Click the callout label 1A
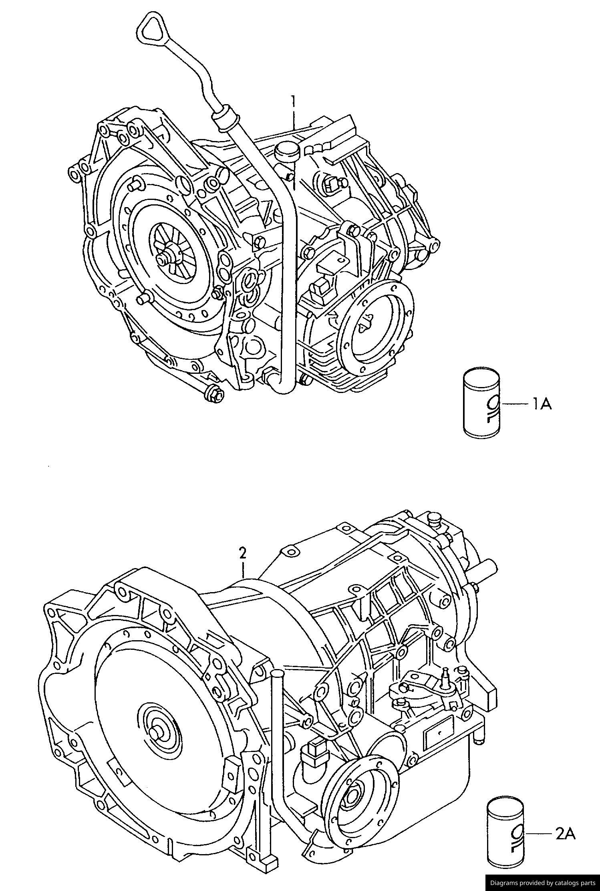click(542, 404)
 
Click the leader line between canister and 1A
click(515, 404)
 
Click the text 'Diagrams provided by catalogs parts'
click(543, 883)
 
